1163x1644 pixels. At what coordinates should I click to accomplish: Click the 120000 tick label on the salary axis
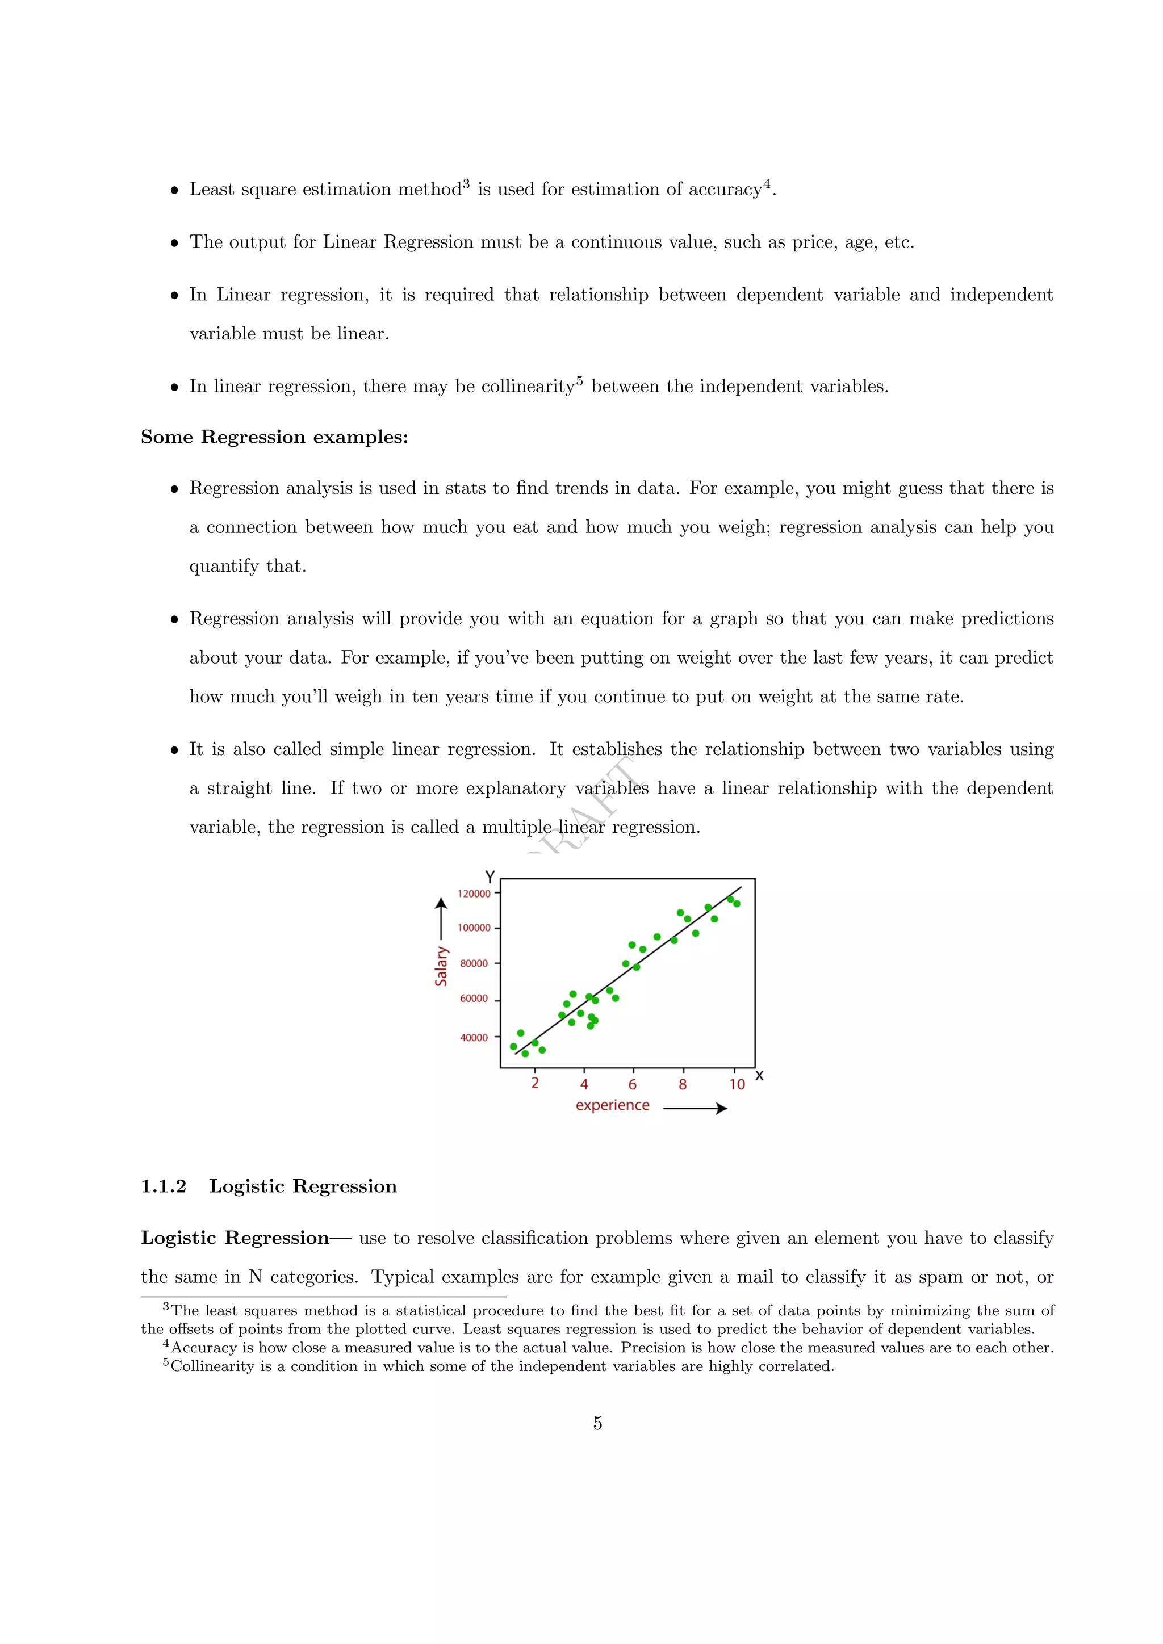click(474, 894)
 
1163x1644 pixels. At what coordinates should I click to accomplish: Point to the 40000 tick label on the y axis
click(474, 1038)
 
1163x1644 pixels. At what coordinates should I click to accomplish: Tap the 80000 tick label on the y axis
click(474, 964)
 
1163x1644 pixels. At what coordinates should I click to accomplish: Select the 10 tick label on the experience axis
click(737, 1085)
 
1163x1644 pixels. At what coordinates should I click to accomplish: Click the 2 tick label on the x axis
click(535, 1083)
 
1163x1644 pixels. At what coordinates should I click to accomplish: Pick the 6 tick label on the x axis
click(633, 1085)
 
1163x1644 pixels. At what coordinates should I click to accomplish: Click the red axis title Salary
click(441, 967)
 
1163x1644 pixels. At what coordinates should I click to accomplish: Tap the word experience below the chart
click(612, 1105)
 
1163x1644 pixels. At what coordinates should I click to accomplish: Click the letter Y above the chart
click(490, 877)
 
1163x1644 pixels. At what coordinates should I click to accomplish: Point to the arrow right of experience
click(696, 1109)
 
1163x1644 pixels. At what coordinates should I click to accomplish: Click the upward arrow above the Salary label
click(441, 919)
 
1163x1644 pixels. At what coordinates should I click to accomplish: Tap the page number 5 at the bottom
click(597, 1424)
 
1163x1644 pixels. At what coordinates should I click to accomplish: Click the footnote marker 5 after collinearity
click(579, 380)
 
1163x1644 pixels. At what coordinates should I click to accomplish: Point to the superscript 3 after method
click(466, 183)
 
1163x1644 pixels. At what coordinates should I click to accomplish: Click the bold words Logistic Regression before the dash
click(235, 1238)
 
